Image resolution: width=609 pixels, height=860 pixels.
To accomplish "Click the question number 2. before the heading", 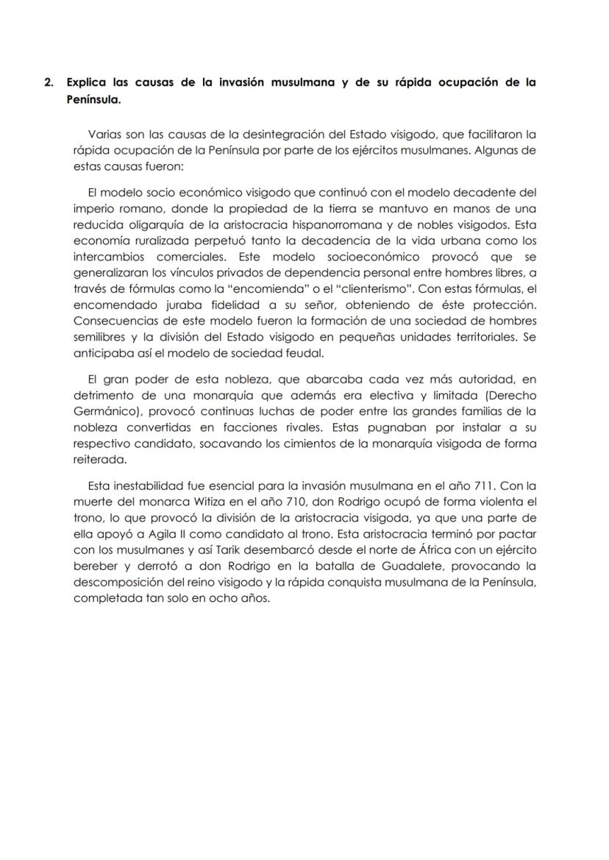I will coord(49,82).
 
